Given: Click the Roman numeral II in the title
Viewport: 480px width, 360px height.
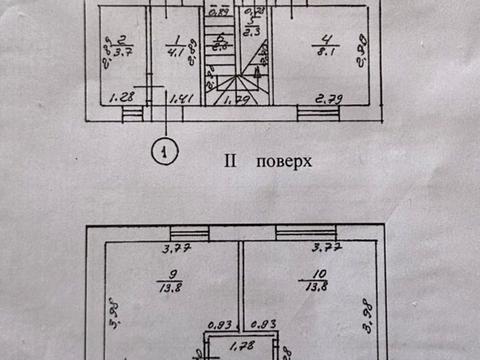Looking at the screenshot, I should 230,160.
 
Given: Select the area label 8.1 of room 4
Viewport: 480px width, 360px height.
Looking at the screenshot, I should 326,54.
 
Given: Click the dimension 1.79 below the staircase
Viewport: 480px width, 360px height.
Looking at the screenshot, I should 236,100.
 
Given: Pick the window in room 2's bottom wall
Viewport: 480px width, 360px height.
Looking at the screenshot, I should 133,114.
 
